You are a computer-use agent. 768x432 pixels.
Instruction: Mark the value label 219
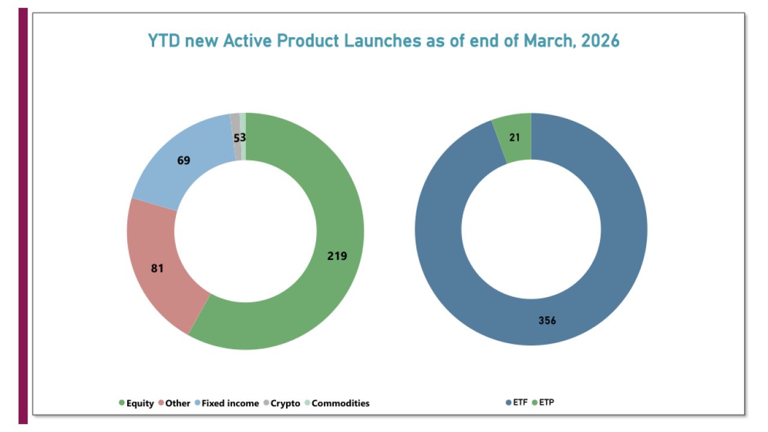pyautogui.click(x=337, y=256)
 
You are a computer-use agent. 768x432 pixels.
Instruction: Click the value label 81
pyautogui.click(x=157, y=268)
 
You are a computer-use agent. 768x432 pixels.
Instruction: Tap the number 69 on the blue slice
pyautogui.click(x=184, y=161)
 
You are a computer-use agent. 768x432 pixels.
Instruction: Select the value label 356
pyautogui.click(x=547, y=320)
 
